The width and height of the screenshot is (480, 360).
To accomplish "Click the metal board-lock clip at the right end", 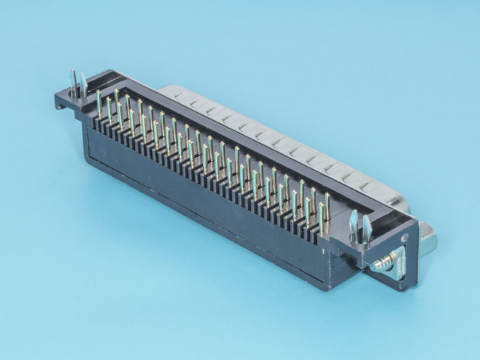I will coord(360,227).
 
